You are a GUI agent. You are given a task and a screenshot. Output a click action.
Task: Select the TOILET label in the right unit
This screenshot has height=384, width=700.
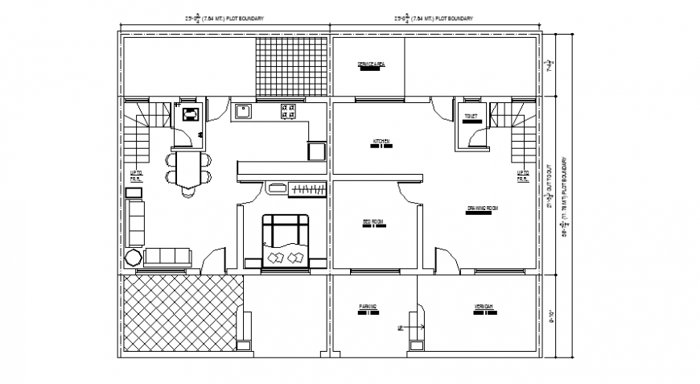(x=471, y=116)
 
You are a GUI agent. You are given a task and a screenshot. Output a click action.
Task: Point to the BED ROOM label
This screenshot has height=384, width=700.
(x=370, y=221)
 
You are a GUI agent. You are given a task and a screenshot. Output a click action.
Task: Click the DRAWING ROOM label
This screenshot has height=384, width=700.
(x=483, y=209)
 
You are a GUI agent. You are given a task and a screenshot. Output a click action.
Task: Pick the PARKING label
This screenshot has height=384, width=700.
(x=368, y=308)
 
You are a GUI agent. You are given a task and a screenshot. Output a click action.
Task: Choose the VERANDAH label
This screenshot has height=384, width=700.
(x=484, y=308)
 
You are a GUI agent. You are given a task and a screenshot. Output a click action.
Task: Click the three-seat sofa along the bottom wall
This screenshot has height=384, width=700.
(x=167, y=257)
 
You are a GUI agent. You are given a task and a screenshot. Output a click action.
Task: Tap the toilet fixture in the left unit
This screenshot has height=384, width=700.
(x=191, y=114)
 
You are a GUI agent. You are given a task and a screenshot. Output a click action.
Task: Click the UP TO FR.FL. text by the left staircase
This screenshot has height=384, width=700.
(x=137, y=175)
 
